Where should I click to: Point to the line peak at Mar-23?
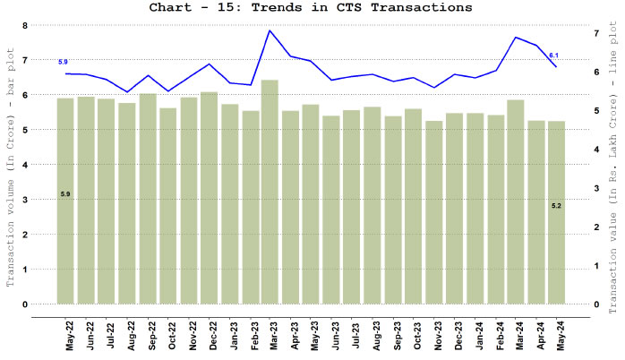pyautogui.click(x=270, y=30)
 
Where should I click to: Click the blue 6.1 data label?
pyautogui.click(x=554, y=56)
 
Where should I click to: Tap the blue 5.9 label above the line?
pyautogui.click(x=63, y=62)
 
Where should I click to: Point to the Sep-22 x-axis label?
pyautogui.click(x=152, y=333)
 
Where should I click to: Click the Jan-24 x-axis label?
pyautogui.click(x=480, y=333)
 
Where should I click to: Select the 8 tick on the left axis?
pyautogui.click(x=25, y=25)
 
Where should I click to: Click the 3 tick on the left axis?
pyautogui.click(x=25, y=200)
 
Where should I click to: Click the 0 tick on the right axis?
pyautogui.click(x=595, y=304)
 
